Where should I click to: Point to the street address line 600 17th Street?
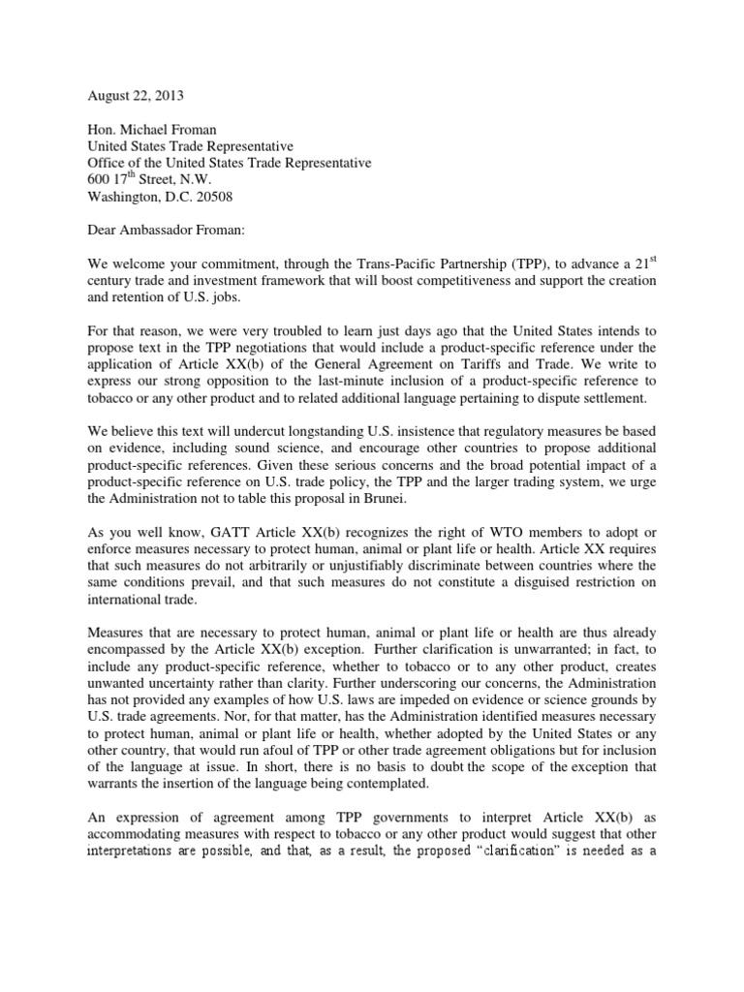[149, 179]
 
